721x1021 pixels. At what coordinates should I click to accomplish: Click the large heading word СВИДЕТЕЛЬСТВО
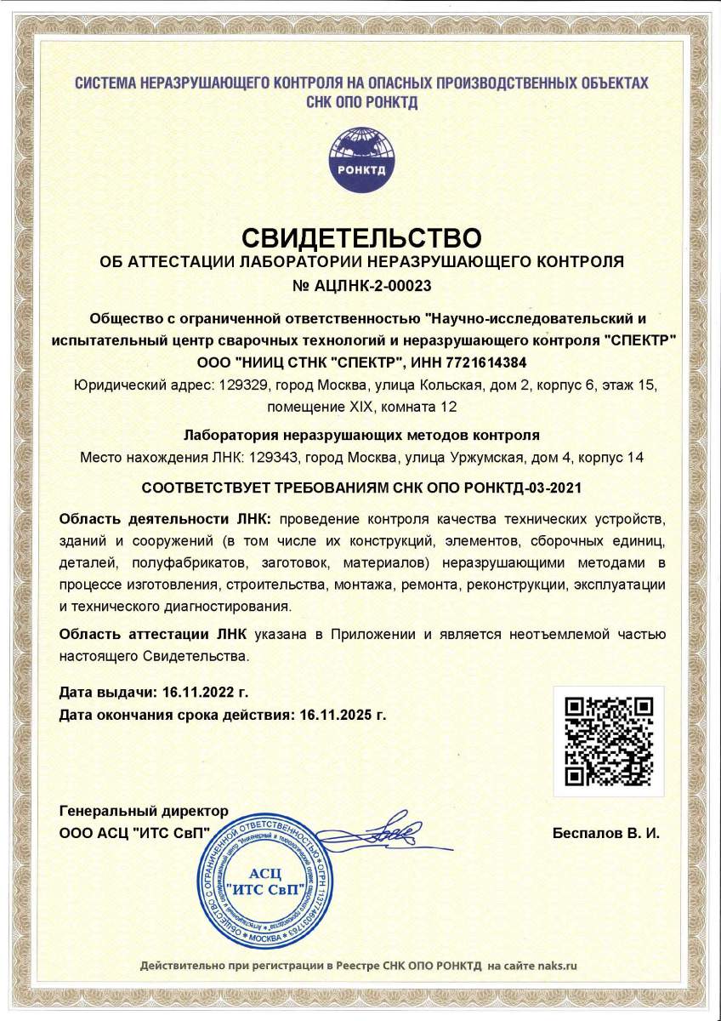tap(361, 236)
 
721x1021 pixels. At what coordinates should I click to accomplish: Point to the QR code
tap(610, 741)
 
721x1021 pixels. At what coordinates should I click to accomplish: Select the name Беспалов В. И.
tap(605, 833)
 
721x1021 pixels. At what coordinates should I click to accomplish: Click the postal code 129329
tap(243, 385)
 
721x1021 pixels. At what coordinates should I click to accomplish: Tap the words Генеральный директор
tap(145, 810)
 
